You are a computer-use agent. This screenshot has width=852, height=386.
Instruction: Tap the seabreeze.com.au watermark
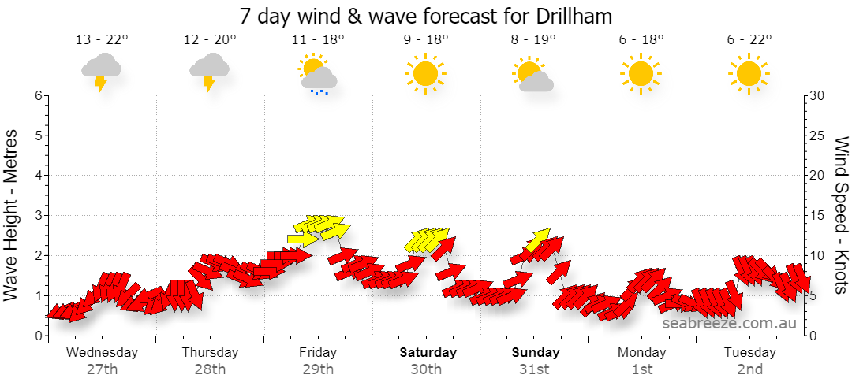(x=729, y=323)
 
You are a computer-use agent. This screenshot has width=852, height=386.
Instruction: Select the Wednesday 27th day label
(x=102, y=361)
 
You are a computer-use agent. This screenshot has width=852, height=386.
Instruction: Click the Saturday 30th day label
(x=428, y=361)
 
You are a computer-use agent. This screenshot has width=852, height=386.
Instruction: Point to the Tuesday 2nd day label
(x=749, y=361)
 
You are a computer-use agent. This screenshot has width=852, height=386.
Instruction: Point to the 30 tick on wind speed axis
(x=818, y=95)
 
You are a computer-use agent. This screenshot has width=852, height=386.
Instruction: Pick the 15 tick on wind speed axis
(x=817, y=216)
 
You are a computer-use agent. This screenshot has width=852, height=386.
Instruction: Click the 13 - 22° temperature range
(x=102, y=39)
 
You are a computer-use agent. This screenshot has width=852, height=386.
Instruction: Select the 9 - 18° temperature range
(x=426, y=39)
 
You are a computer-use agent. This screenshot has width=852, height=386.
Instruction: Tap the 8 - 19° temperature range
(x=533, y=39)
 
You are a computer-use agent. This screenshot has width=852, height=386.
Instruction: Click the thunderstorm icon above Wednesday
(x=101, y=72)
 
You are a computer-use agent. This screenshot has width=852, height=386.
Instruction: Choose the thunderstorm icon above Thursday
(x=209, y=72)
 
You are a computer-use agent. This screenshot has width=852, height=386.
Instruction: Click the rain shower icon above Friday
(x=317, y=74)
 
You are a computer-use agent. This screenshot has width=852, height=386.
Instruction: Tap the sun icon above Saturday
(x=425, y=73)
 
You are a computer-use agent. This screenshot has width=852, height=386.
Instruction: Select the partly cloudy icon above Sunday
(x=532, y=74)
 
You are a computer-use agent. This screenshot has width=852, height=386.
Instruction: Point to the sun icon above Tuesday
(x=749, y=73)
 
